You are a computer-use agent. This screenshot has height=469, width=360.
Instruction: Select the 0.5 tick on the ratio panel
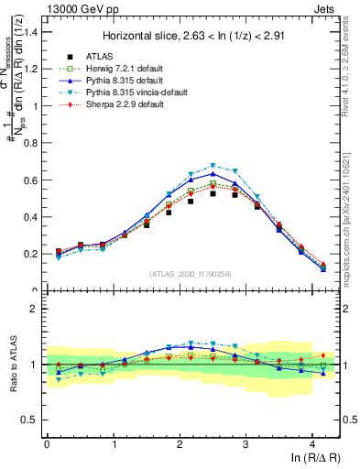(32, 420)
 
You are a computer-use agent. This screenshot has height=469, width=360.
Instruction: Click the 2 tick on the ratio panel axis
(38, 309)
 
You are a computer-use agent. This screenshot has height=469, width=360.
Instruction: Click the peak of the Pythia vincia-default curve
(213, 166)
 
